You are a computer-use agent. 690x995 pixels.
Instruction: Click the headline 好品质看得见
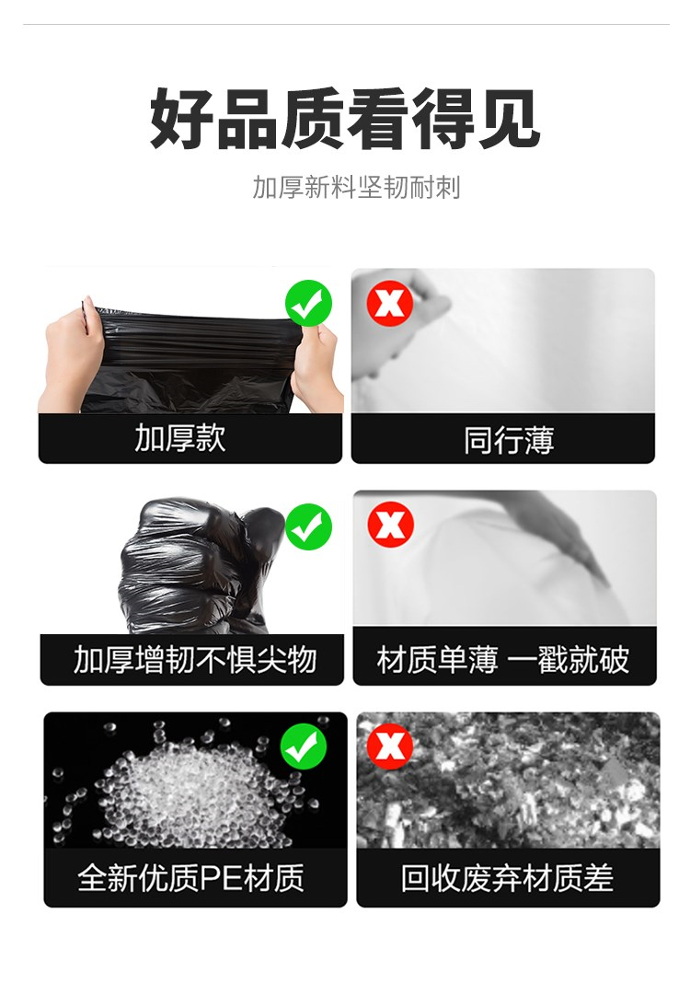(345, 120)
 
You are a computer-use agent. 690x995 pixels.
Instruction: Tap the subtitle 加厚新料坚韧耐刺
(356, 188)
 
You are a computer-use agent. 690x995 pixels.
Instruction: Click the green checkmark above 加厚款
(308, 304)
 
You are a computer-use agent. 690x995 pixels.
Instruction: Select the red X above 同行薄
(390, 304)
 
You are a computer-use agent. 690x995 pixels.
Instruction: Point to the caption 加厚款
(180, 438)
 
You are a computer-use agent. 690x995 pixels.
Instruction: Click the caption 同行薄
(510, 440)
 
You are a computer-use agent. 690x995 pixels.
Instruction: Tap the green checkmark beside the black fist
(308, 526)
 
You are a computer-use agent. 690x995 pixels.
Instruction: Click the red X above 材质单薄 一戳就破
(391, 524)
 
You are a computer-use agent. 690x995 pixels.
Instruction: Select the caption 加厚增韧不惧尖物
(195, 659)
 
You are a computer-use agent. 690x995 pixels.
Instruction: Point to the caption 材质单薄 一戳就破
(503, 659)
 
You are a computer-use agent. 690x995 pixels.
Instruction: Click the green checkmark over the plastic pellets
(304, 746)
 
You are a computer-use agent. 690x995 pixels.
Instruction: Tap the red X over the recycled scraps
(390, 746)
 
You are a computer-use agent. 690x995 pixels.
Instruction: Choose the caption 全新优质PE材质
(190, 877)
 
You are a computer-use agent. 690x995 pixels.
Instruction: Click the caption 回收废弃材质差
(507, 878)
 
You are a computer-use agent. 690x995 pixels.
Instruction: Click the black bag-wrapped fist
(201, 566)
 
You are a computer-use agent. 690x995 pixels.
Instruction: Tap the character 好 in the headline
(182, 120)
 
